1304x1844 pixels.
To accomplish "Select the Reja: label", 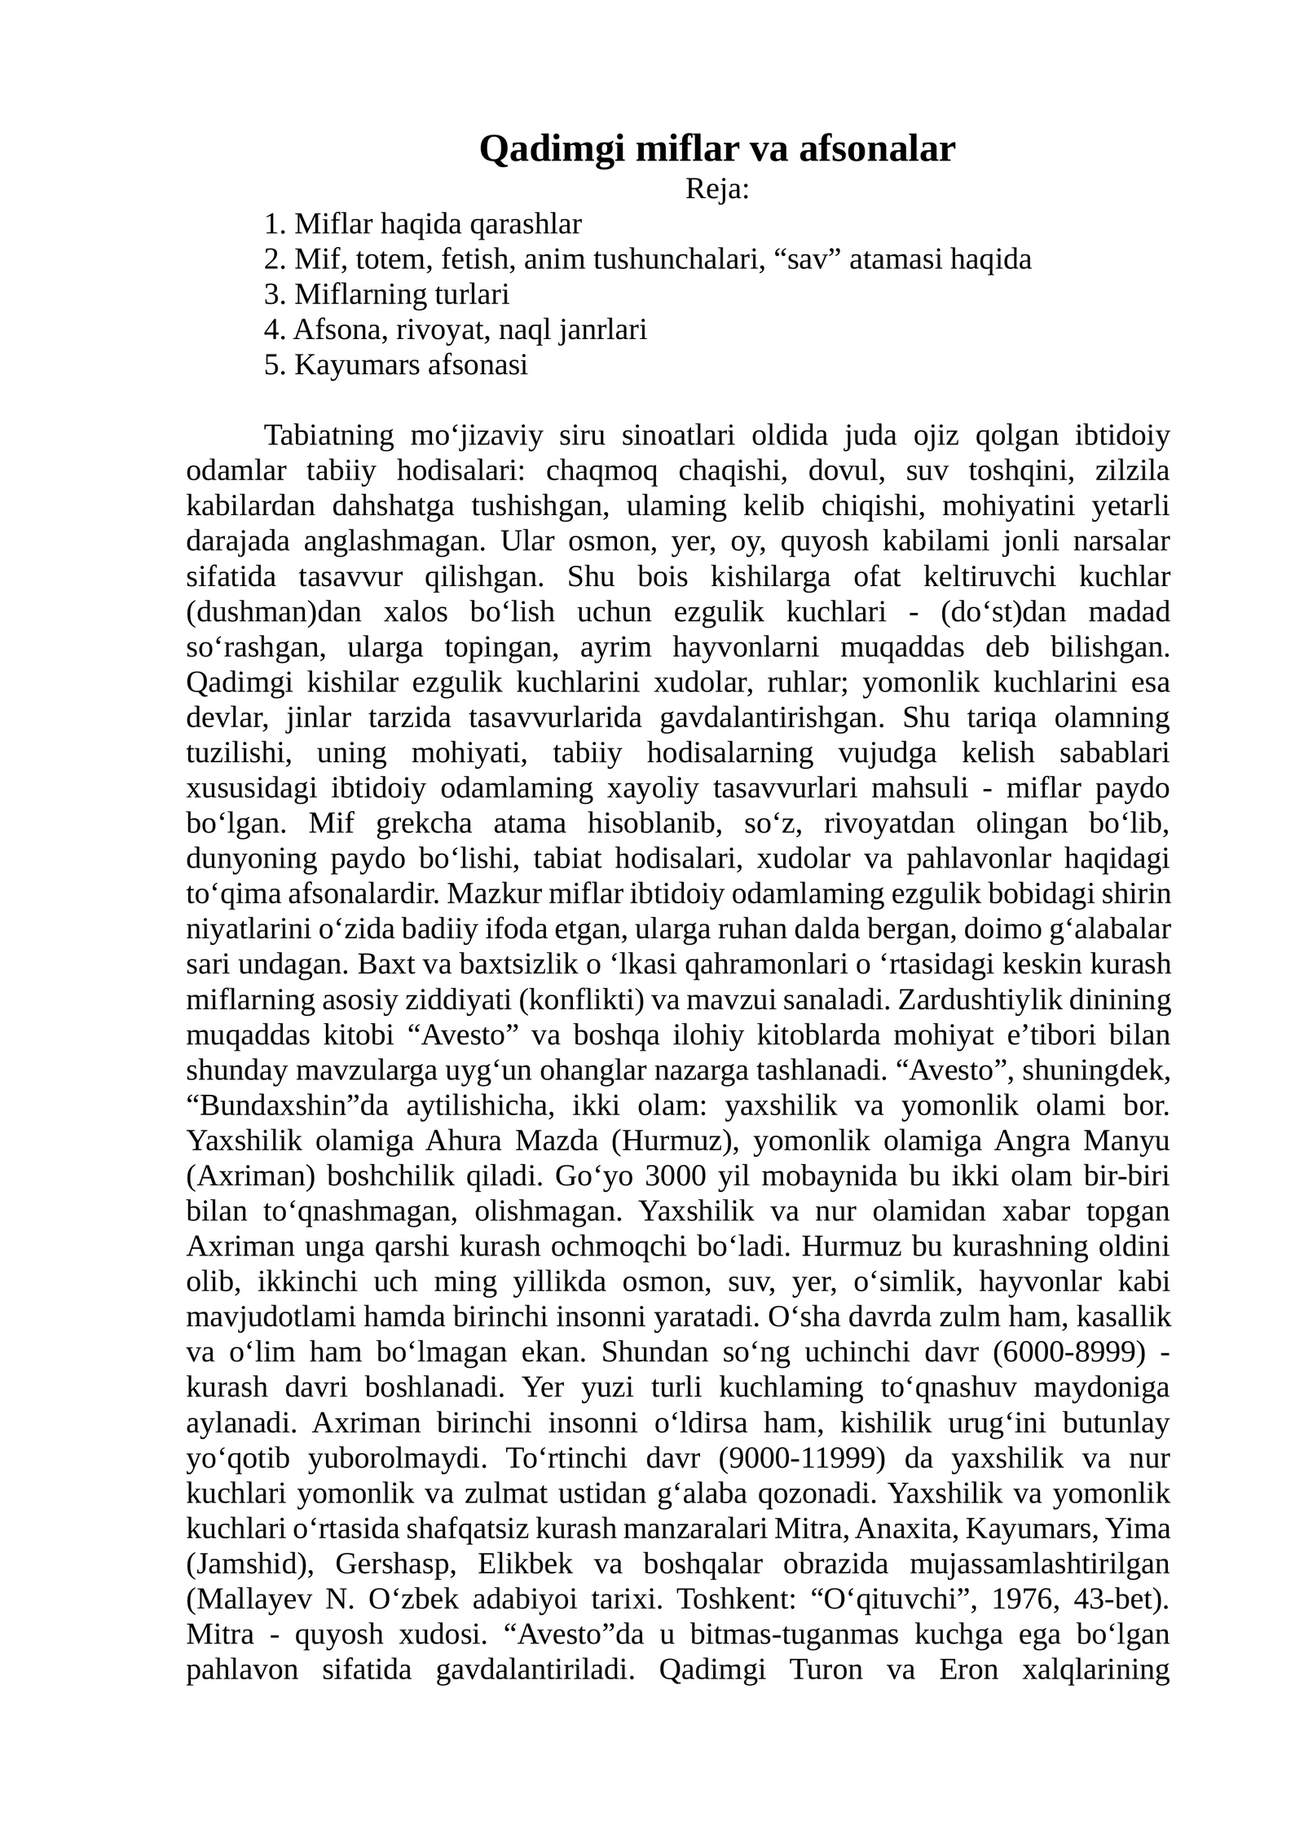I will tap(716, 189).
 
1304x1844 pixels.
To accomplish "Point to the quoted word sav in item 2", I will tap(805, 258).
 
